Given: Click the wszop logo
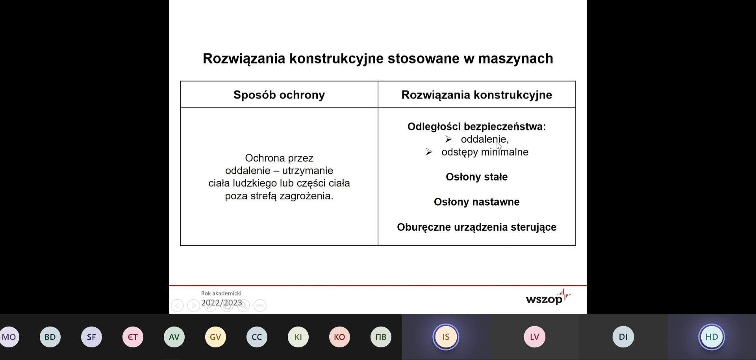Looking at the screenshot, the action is [x=548, y=297].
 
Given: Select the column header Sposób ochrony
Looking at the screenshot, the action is [x=279, y=95].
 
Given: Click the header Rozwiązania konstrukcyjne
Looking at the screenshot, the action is [x=476, y=95].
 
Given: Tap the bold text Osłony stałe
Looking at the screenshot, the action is [x=476, y=177].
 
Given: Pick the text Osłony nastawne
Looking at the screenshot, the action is [x=476, y=202].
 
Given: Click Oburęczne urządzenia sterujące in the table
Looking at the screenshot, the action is [x=476, y=227].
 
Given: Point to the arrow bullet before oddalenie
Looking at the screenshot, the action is [x=448, y=139].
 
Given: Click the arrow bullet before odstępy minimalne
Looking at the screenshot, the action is [x=429, y=152].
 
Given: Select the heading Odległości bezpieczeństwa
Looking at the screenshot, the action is [x=476, y=126].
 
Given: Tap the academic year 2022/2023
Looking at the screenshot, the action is [x=222, y=302].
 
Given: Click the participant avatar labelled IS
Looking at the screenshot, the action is [x=446, y=337].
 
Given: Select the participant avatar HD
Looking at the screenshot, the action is [x=712, y=337].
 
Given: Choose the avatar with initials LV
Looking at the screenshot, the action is [x=534, y=337].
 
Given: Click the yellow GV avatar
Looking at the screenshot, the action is [x=215, y=337].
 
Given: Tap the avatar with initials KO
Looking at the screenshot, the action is [x=339, y=337].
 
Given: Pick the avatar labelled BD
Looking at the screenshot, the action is [x=50, y=337].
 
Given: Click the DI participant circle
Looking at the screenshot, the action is [x=623, y=337].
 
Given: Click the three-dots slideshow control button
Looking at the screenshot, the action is [x=260, y=305].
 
